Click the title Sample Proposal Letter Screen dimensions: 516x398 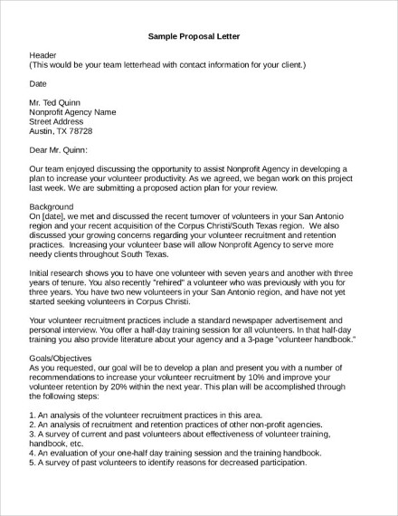coord(198,37)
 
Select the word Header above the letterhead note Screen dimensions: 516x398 coord(43,56)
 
